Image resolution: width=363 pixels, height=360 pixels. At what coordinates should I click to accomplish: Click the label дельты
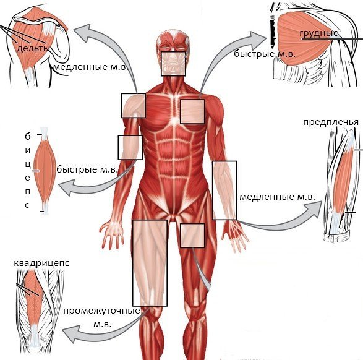[x=33, y=49]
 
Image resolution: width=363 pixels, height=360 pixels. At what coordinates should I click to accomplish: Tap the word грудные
[x=318, y=33]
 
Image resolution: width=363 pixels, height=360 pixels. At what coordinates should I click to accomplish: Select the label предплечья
[x=331, y=122]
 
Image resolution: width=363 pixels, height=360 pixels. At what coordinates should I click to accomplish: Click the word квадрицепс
[x=41, y=264]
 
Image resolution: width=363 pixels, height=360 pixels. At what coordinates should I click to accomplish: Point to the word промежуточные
[x=102, y=311]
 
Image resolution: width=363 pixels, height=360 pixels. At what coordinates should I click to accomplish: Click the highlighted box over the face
[x=173, y=64]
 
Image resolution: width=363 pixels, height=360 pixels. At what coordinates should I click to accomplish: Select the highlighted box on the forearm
[x=224, y=191]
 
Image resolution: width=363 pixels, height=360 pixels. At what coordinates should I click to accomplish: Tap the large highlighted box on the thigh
[x=150, y=263]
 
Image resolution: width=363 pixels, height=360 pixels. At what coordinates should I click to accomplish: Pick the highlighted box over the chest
[x=192, y=111]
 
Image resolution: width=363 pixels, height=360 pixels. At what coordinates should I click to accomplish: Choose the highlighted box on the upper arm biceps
[x=130, y=147]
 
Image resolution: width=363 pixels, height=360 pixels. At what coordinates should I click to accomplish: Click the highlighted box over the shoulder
[x=134, y=105]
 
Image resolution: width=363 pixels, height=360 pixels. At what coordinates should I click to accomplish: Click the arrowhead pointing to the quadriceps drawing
[x=70, y=333]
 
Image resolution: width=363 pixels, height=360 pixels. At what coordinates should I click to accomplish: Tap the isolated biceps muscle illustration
[x=45, y=171]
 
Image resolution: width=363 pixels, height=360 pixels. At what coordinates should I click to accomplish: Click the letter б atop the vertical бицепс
[x=28, y=137]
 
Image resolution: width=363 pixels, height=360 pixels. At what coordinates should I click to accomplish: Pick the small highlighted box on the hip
[x=192, y=236]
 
